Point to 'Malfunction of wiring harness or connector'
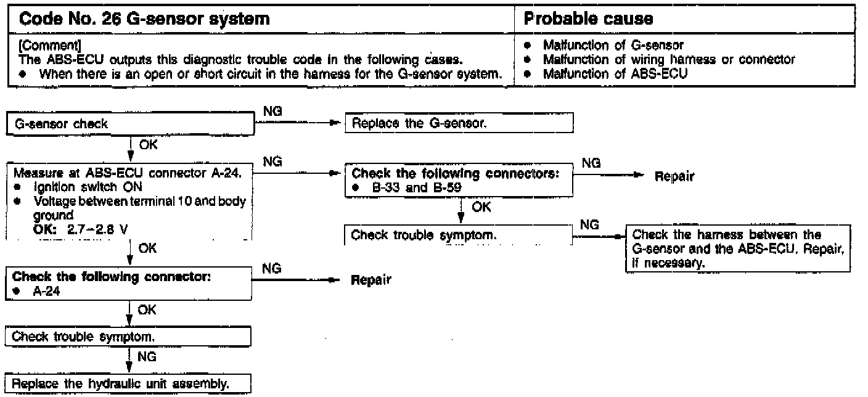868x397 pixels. point(668,59)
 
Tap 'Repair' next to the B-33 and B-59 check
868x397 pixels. point(675,177)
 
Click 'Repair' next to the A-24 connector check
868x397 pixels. point(371,280)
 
